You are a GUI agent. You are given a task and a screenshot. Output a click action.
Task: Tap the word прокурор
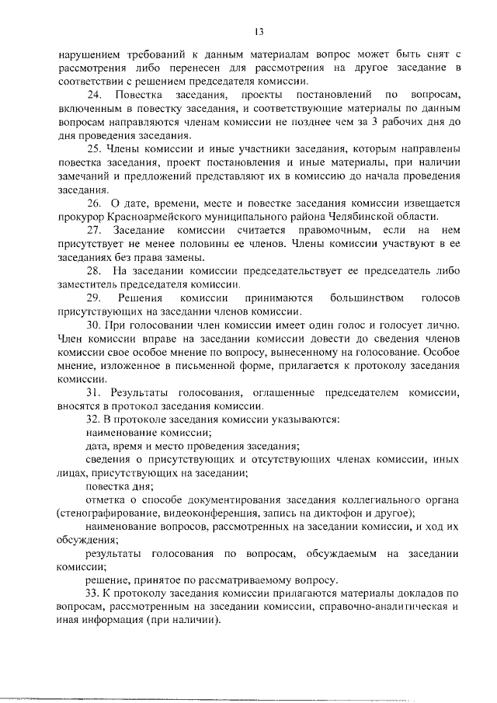pos(82,217)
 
